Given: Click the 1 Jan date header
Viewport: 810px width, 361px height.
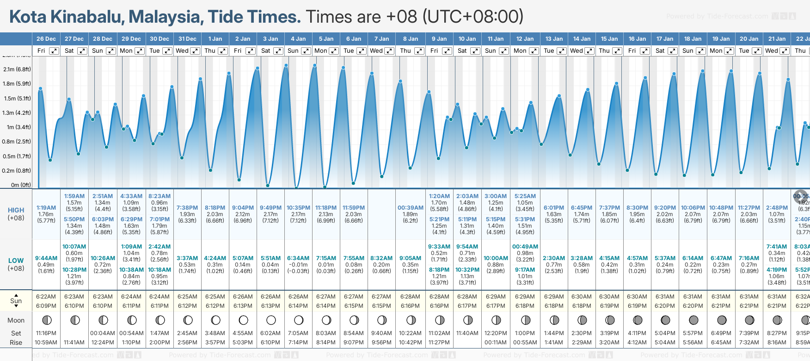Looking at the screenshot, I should click(215, 39).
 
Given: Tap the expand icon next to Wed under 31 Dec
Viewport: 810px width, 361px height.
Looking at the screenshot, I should click(195, 51).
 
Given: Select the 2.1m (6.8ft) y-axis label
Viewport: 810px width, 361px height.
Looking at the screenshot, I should click(17, 69).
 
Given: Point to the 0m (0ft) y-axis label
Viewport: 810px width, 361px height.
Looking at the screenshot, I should click(21, 185).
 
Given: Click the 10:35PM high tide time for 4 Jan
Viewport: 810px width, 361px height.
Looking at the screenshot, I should click(298, 208).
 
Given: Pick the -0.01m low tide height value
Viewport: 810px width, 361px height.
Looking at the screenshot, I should click(298, 265).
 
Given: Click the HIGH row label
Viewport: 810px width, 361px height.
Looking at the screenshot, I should click(16, 210).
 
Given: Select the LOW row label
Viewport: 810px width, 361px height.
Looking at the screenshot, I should click(16, 261).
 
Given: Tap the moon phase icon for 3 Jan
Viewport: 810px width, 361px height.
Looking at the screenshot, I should click(271, 320).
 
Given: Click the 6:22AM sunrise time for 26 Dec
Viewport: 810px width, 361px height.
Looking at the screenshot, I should click(46, 297).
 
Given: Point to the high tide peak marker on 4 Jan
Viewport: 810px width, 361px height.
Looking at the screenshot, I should click(287, 65).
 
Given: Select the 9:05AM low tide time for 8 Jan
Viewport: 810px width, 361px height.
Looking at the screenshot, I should click(410, 258).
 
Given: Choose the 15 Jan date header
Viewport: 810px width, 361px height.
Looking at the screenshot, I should click(609, 39).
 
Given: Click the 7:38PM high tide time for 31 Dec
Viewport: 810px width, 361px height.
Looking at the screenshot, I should click(187, 208).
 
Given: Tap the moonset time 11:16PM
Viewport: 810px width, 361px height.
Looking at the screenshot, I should click(46, 333).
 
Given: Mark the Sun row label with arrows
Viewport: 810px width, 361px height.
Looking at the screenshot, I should click(16, 301).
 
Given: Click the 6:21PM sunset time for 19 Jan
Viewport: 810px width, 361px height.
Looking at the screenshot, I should click(721, 306).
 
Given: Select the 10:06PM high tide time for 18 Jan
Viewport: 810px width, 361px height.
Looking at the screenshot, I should click(693, 208).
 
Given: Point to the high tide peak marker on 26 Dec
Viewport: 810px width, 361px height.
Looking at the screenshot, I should click(41, 88).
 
